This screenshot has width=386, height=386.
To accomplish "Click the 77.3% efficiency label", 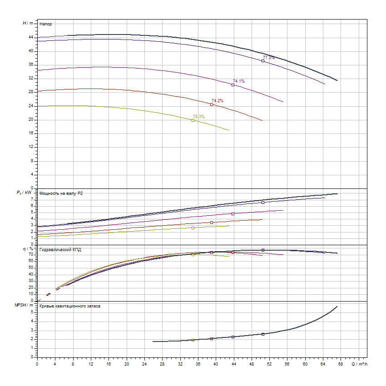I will click(x=269, y=58).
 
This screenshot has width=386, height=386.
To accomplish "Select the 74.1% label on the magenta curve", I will click(x=239, y=81).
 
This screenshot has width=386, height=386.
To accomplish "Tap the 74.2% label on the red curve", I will click(x=217, y=100).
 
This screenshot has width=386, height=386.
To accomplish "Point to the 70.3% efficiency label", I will click(x=198, y=117).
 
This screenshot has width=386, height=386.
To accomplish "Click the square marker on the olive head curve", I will click(x=193, y=120).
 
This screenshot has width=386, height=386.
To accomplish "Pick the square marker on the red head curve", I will click(x=212, y=104).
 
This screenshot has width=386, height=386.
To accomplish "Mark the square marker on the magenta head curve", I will click(x=233, y=85).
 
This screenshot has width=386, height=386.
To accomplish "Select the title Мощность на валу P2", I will click(x=61, y=193).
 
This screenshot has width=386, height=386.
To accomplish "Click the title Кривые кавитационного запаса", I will click(x=70, y=306).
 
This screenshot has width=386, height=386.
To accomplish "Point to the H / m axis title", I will click(x=28, y=23).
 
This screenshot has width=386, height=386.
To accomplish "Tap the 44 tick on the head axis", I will click(x=31, y=37).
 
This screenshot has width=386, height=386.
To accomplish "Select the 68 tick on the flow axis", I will click(x=341, y=363).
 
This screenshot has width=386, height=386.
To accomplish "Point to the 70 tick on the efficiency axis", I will click(x=32, y=254).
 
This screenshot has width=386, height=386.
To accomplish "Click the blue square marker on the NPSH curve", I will click(x=263, y=334).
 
